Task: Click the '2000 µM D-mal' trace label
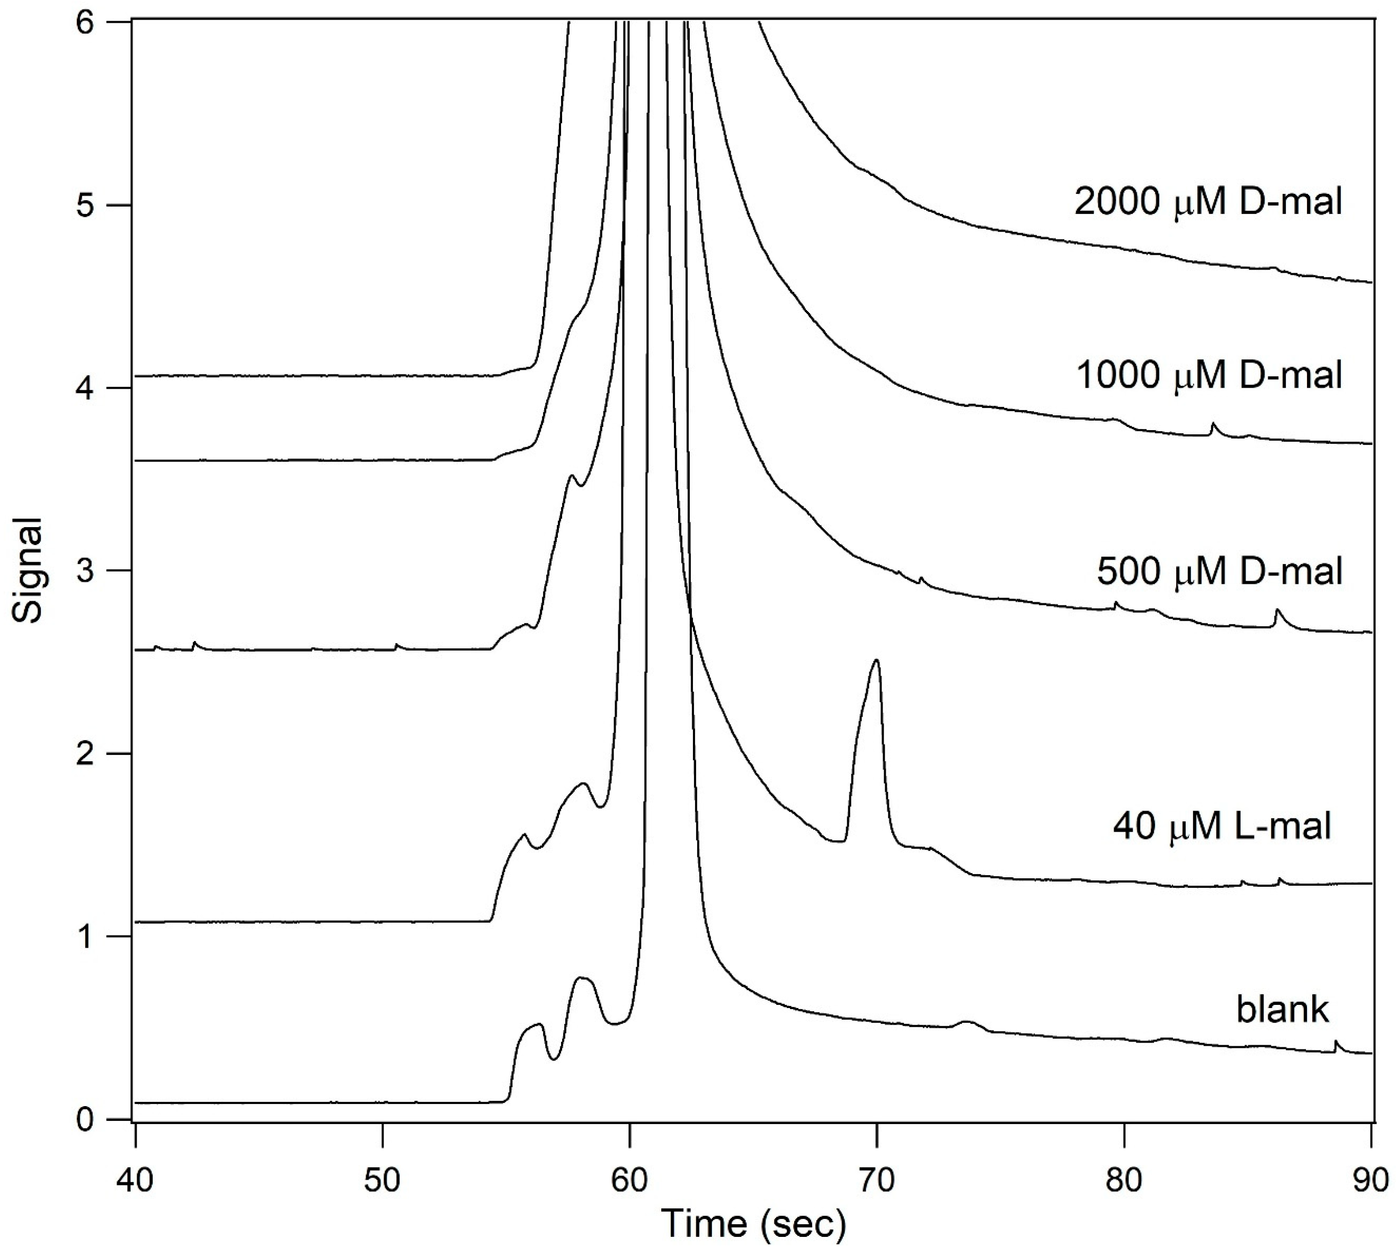(1207, 202)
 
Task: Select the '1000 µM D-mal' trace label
(1208, 376)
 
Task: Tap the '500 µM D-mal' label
(1220, 572)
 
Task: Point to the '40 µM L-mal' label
(1221, 825)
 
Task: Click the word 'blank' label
(1282, 1009)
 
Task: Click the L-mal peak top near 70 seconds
(876, 661)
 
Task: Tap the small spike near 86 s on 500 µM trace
(1277, 610)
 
